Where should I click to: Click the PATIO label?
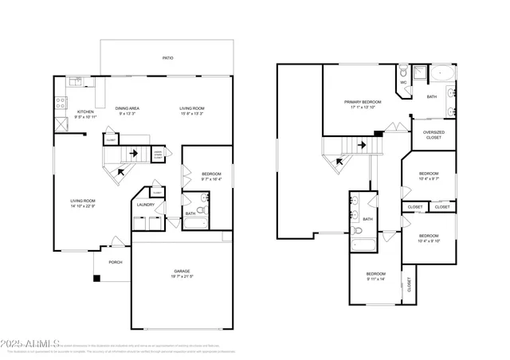click(167, 58)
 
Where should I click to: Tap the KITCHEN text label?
click(85, 112)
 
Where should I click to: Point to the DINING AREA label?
click(128, 108)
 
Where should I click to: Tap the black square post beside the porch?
click(96, 279)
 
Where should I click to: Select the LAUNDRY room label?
click(145, 205)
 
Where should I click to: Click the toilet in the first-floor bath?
click(202, 212)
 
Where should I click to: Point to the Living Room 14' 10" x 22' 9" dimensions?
click(83, 205)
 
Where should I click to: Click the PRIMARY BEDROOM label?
click(363, 102)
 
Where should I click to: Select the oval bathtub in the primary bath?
click(443, 77)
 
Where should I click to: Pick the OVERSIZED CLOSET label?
click(433, 135)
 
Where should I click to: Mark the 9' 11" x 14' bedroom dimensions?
click(376, 279)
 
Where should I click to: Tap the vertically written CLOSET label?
click(410, 285)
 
